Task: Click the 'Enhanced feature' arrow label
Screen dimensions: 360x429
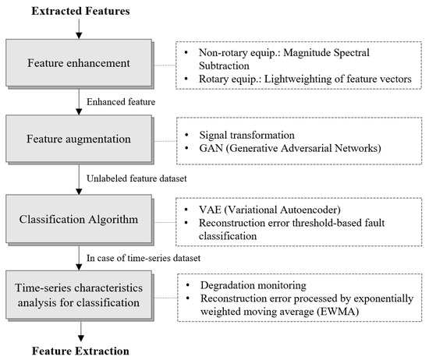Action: click(x=122, y=101)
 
